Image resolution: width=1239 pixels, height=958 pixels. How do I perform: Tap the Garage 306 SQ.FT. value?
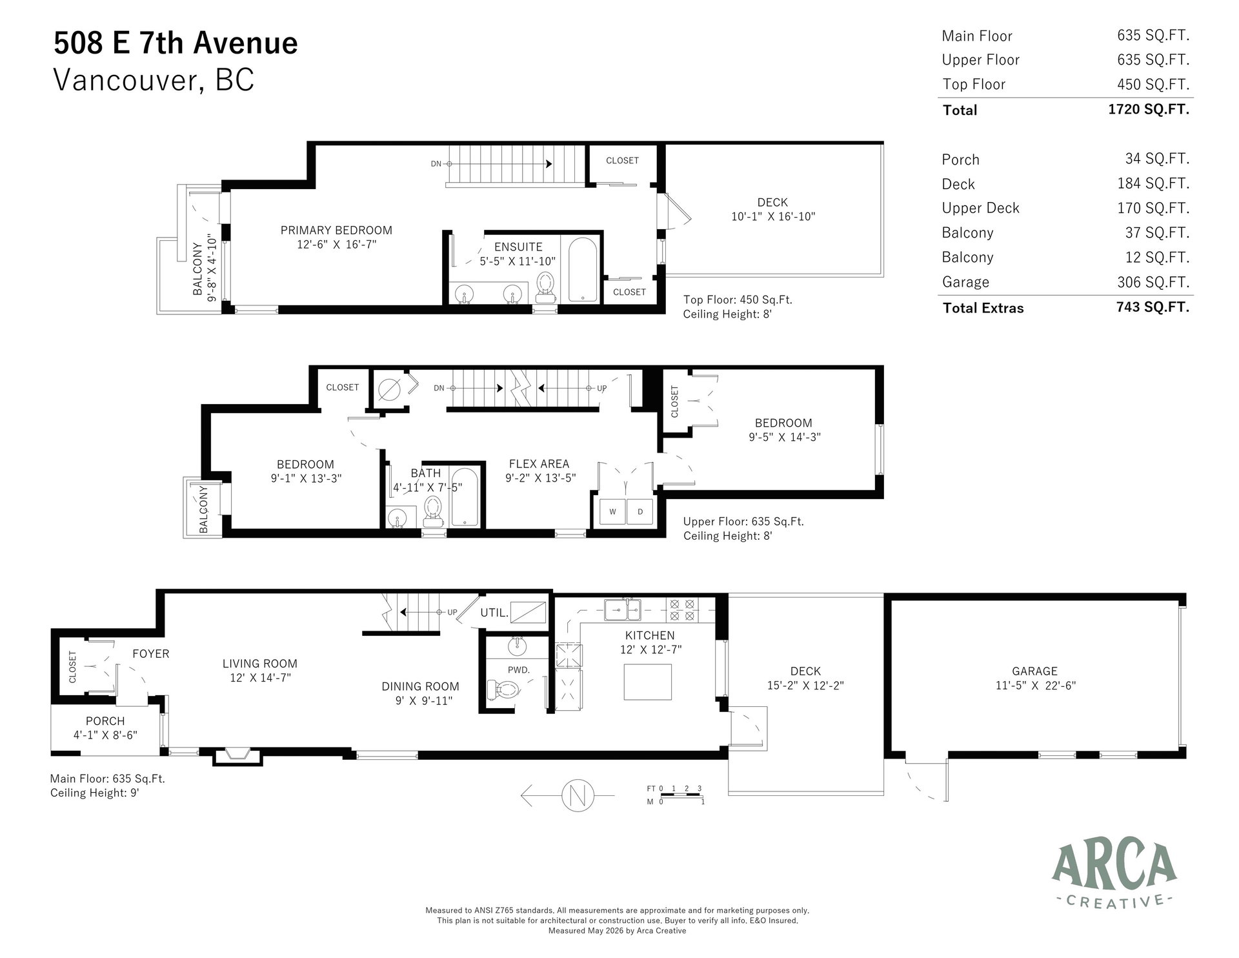(1153, 282)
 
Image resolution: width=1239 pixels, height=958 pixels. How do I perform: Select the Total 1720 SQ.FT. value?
(1149, 109)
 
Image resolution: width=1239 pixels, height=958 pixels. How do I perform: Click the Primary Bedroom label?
(336, 230)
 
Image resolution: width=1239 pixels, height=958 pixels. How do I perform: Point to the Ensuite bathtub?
(583, 270)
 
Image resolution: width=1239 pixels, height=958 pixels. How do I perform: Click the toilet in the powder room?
(503, 691)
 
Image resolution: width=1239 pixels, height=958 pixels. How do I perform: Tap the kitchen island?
(647, 682)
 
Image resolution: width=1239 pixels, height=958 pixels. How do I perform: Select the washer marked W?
(612, 512)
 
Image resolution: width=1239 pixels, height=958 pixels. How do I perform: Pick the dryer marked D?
(640, 512)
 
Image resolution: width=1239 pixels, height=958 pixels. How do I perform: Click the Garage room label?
(1034, 671)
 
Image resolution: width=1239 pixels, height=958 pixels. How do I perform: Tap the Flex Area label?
(539, 464)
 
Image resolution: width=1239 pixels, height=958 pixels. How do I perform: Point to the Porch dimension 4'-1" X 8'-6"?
(105, 735)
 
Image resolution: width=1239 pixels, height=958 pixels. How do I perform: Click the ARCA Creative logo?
(1114, 883)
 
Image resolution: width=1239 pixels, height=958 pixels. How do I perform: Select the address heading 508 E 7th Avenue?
(176, 43)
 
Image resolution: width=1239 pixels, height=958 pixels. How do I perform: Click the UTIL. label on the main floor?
(494, 613)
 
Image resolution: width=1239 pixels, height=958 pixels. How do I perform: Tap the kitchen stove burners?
(682, 610)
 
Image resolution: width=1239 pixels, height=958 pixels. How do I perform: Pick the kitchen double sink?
(623, 608)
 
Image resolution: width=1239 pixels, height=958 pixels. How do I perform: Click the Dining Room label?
(420, 686)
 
